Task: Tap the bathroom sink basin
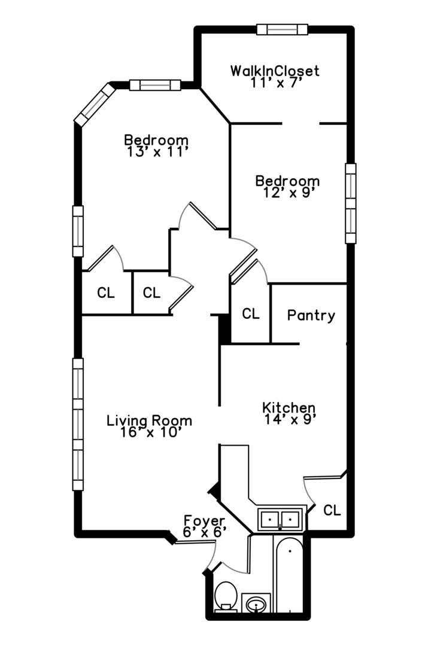click(256, 605)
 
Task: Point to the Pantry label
click(311, 316)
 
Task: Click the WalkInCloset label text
click(275, 71)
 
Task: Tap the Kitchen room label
click(289, 408)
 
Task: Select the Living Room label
click(149, 420)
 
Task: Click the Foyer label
click(204, 521)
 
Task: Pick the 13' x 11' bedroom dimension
click(157, 152)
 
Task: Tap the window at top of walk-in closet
click(282, 29)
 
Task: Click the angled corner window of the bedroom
click(95, 104)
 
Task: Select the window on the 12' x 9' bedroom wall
click(351, 203)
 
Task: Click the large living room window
click(78, 424)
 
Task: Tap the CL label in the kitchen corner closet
click(332, 510)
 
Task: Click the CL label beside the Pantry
click(251, 314)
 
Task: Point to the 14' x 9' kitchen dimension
click(291, 419)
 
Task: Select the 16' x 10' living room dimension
click(151, 432)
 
